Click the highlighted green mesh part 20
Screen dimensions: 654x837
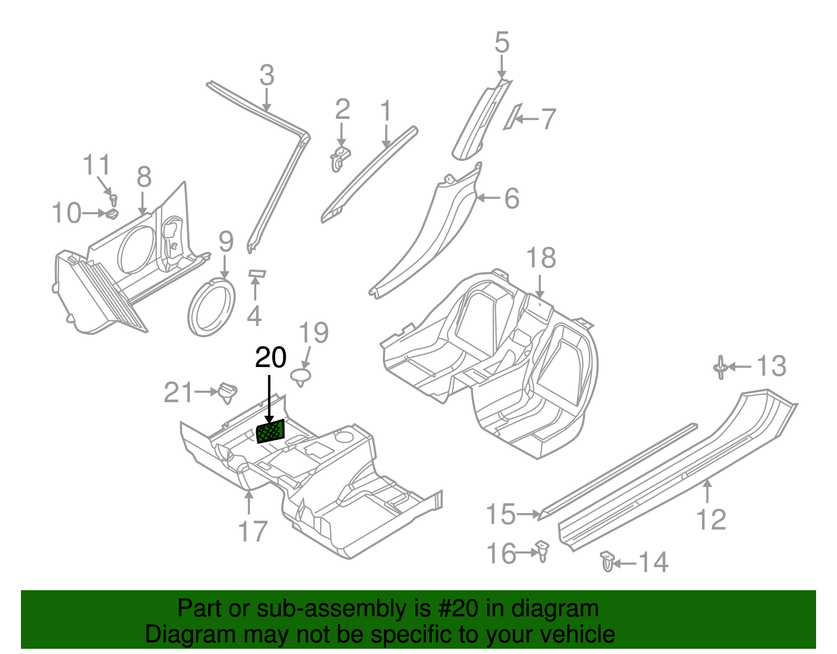coord(270,431)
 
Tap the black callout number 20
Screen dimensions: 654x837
coord(270,358)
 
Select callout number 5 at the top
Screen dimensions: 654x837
coord(501,42)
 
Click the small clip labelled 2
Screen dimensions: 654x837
coord(340,158)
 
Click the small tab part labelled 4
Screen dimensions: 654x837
coord(256,273)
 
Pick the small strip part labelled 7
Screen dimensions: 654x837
coord(511,117)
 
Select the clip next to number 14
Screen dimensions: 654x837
coord(607,562)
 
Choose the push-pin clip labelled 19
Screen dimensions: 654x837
coord(301,376)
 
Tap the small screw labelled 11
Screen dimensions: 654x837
coord(114,199)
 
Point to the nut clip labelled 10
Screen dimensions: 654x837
coord(112,214)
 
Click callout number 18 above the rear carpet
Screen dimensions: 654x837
coord(540,258)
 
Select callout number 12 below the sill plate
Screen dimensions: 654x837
coord(711,519)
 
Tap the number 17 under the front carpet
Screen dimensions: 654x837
coord(253,531)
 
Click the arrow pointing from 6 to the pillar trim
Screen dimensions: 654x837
coord(489,198)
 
